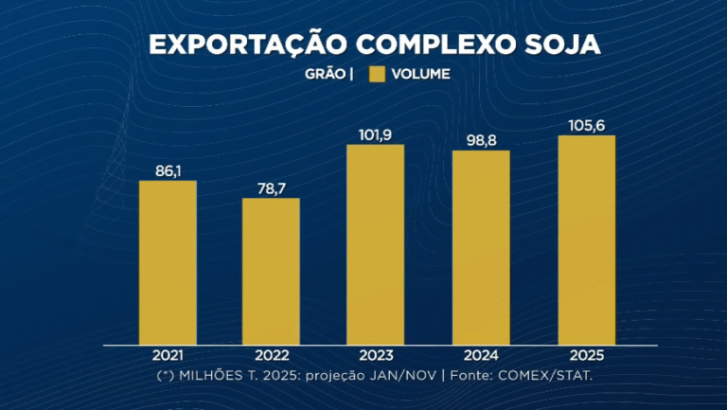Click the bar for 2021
168,262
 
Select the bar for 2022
271,271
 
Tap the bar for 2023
375,244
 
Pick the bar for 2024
481,247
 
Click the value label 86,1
168,169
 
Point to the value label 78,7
271,187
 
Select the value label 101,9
375,134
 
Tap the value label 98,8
481,140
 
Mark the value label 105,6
586,125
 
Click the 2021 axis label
168,356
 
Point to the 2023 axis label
375,356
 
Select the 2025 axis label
586,356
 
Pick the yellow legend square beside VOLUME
377,74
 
